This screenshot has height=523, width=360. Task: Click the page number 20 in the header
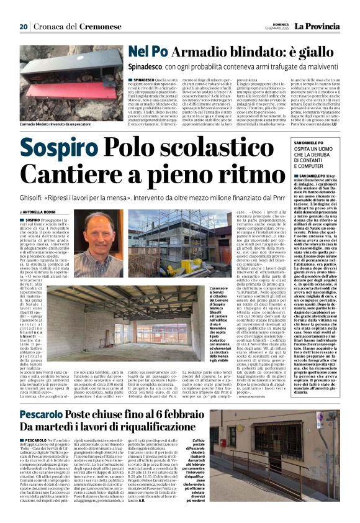tap(24, 27)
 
